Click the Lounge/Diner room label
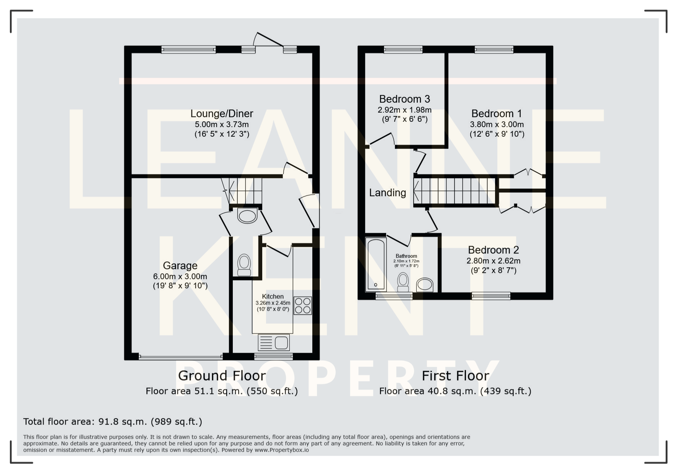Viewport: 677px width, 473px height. pos(222,113)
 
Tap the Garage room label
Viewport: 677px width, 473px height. pos(180,266)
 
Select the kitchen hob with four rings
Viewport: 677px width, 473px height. pos(303,305)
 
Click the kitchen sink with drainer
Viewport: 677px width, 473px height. pos(274,342)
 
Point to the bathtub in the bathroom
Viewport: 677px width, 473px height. pos(376,264)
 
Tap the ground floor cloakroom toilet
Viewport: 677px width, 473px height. pos(244,265)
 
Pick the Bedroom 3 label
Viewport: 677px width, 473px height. pos(404,99)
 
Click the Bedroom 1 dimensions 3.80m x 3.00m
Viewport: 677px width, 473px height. pos(497,124)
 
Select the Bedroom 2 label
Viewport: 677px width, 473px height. pos(493,250)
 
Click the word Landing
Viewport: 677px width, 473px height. pos(387,193)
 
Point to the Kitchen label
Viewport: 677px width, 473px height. pos(273,297)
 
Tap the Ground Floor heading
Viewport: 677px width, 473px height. pos(222,376)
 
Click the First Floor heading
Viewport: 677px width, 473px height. pos(455,376)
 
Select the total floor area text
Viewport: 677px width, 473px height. pos(113,421)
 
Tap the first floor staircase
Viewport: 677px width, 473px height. pos(455,190)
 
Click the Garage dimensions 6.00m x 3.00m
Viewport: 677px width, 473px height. pos(180,276)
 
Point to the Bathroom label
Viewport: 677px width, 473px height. pos(406,256)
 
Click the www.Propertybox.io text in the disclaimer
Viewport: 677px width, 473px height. pos(281,450)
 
